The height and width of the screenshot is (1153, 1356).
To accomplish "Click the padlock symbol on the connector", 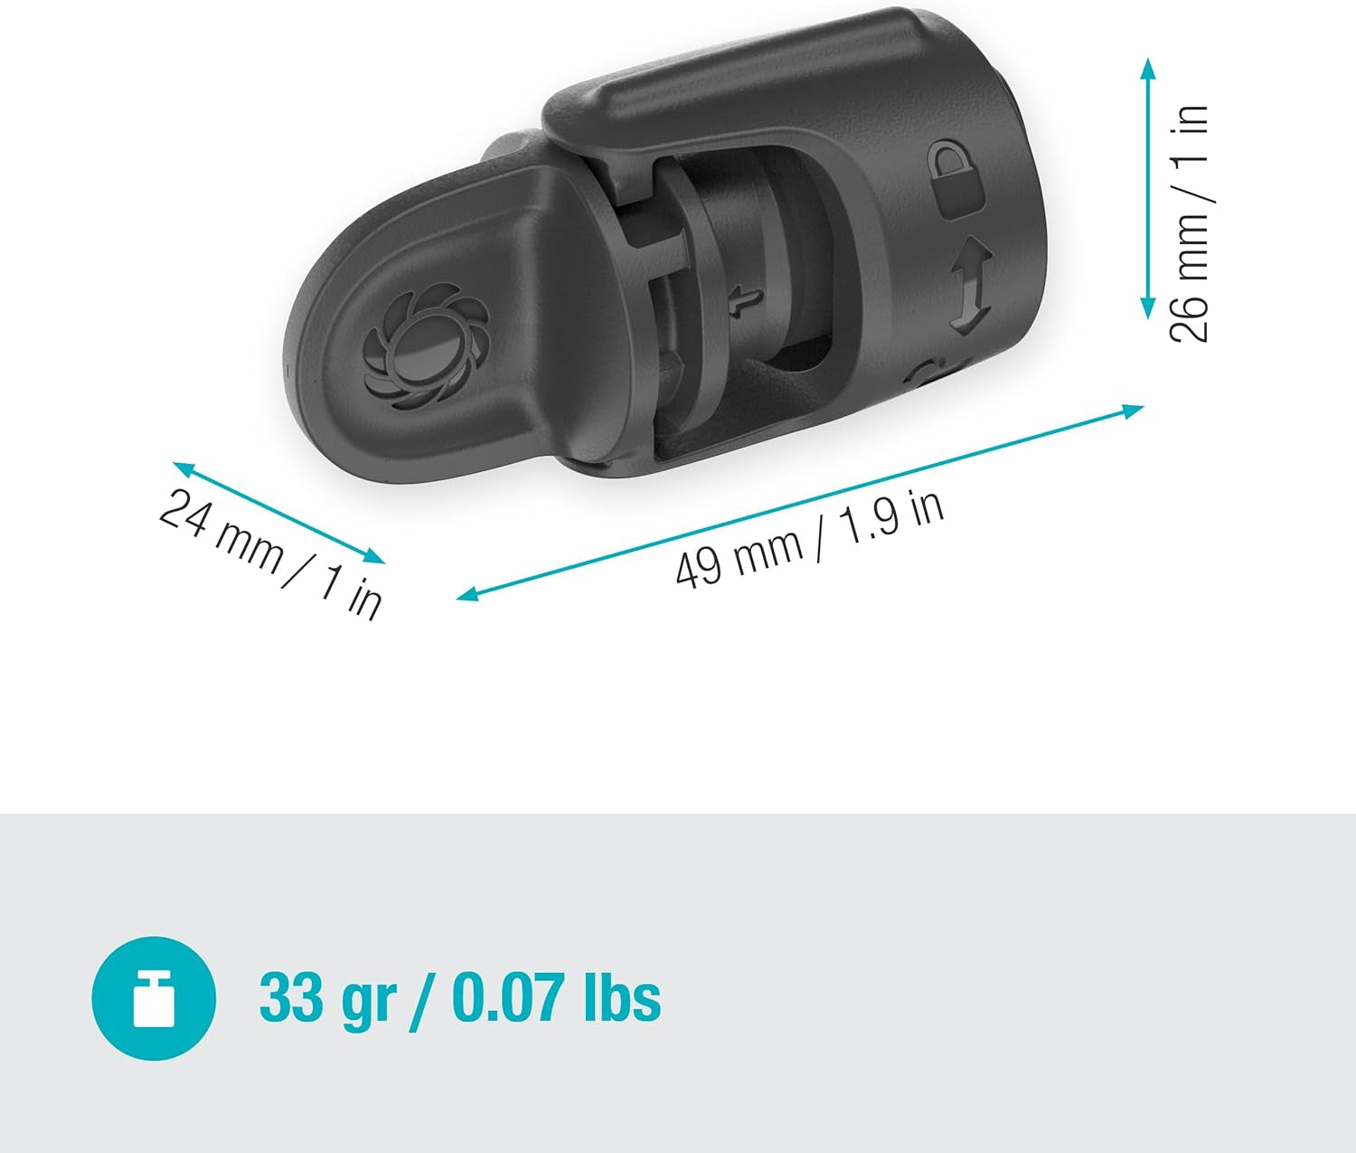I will pyautogui.click(x=957, y=178).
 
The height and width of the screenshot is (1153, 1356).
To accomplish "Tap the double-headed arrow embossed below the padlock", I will pyautogui.click(x=968, y=286).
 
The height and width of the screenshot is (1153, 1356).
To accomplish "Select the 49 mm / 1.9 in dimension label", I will pyautogui.click(x=810, y=539).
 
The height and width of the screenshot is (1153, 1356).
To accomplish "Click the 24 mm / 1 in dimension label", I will pyautogui.click(x=270, y=553).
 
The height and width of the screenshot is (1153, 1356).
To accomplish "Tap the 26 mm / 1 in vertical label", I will pyautogui.click(x=1190, y=222).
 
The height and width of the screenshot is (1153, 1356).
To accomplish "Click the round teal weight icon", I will pyautogui.click(x=154, y=997).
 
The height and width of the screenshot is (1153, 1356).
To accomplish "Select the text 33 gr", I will pyautogui.click(x=327, y=998).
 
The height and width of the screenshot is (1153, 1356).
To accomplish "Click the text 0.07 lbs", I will pyautogui.click(x=555, y=998).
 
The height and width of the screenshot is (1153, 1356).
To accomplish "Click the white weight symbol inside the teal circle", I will pyautogui.click(x=154, y=998).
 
